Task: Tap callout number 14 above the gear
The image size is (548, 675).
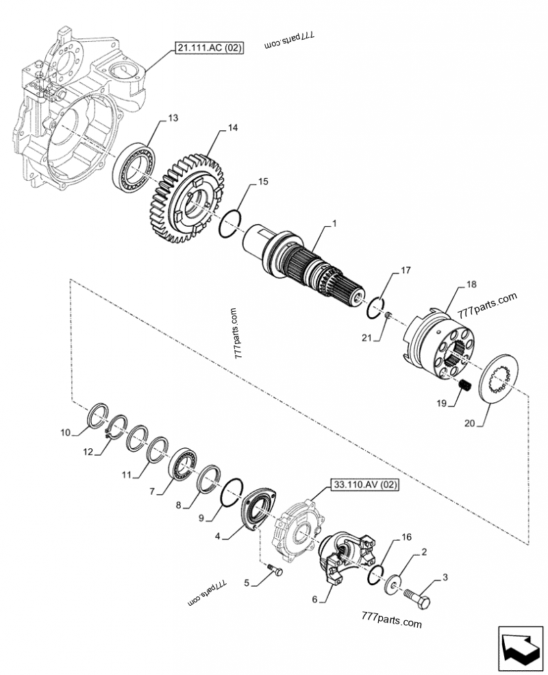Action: click(x=233, y=128)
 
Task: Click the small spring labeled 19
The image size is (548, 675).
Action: click(x=463, y=386)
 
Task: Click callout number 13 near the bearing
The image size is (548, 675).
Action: click(x=173, y=119)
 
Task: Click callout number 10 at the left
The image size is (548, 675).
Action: click(x=65, y=432)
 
